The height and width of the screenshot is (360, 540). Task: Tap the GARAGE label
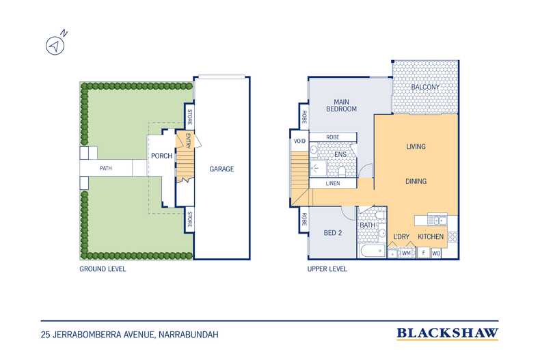click(x=221, y=169)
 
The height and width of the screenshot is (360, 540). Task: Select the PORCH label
click(x=161, y=156)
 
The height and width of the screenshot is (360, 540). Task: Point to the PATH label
click(x=106, y=168)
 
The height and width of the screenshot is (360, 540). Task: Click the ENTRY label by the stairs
click(x=189, y=141)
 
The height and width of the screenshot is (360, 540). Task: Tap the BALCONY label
click(x=425, y=87)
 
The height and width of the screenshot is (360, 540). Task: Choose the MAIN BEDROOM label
click(x=341, y=105)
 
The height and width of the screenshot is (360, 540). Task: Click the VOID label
click(x=299, y=141)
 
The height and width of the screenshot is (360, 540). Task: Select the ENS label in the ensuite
click(x=340, y=154)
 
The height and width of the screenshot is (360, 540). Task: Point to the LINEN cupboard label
click(x=333, y=184)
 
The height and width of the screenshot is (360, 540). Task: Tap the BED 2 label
click(x=333, y=233)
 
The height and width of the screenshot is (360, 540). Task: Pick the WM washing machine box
click(x=407, y=253)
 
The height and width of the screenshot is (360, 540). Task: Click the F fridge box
click(x=424, y=253)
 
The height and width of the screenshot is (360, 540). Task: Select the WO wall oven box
click(x=435, y=253)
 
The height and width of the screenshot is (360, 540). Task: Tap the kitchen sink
click(x=437, y=219)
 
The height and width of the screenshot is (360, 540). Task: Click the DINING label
click(x=416, y=181)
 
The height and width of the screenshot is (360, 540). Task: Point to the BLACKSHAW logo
click(x=447, y=333)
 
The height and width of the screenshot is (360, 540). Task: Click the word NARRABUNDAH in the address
click(x=189, y=335)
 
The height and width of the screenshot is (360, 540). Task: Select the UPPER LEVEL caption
click(x=327, y=269)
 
